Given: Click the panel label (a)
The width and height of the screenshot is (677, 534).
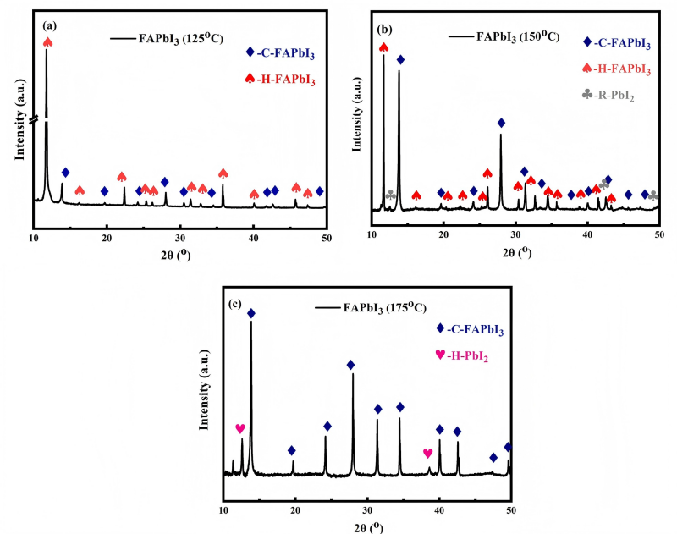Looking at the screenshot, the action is pyautogui.click(x=49, y=26).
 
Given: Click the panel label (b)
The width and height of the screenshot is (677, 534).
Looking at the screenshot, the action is pyautogui.click(x=384, y=30).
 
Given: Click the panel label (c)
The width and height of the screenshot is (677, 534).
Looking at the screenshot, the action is pyautogui.click(x=235, y=304).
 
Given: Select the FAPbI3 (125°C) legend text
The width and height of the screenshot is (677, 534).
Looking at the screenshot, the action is pyautogui.click(x=180, y=38).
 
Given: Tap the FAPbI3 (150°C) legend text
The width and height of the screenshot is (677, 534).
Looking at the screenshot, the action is pyautogui.click(x=518, y=36).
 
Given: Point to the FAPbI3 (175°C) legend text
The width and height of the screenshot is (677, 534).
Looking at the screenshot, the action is pyautogui.click(x=385, y=308).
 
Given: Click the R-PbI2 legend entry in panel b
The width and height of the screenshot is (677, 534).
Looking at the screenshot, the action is pyautogui.click(x=608, y=95).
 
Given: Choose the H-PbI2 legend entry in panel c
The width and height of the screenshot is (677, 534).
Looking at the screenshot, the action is pyautogui.click(x=462, y=355).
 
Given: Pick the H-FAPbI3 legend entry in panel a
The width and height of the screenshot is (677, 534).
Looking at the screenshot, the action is pyautogui.click(x=280, y=80).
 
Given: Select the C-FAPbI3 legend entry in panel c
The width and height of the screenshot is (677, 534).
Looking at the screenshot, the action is pyautogui.click(x=470, y=329).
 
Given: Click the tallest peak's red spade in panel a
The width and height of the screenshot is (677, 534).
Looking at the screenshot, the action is pyautogui.click(x=48, y=42).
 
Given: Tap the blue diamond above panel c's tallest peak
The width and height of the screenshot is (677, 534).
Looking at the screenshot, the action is pyautogui.click(x=251, y=313).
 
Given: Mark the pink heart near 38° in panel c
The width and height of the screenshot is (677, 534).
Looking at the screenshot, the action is pyautogui.click(x=427, y=454).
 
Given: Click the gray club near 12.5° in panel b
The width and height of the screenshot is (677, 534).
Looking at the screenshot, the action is pyautogui.click(x=390, y=195).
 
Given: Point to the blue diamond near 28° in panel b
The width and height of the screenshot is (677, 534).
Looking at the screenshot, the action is pyautogui.click(x=501, y=123).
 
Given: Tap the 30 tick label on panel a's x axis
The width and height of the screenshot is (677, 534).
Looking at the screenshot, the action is pyautogui.click(x=180, y=239).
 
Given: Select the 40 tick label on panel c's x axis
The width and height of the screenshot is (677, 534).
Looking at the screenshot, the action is pyautogui.click(x=439, y=510).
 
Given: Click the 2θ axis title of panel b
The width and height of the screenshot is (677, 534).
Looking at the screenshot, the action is pyautogui.click(x=517, y=252).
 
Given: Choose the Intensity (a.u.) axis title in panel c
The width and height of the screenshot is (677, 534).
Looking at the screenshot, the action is pyautogui.click(x=204, y=390).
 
